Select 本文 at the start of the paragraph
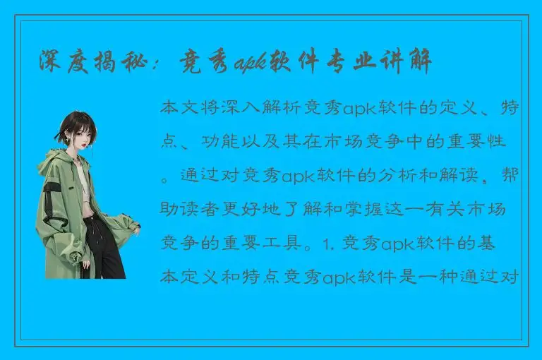click(178, 108)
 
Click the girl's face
click(78, 136)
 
